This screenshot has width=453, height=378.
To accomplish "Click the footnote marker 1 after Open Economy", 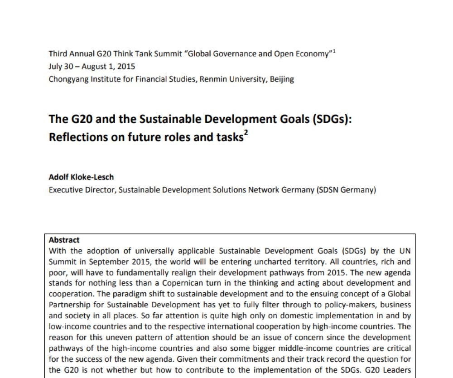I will point(334,51).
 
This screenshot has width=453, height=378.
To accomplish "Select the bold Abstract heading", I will point(64,240).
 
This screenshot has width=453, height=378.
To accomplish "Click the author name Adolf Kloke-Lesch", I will point(81,177).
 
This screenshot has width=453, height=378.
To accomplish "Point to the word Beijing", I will point(282,79).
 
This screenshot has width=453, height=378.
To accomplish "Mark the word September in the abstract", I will point(105,262).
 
